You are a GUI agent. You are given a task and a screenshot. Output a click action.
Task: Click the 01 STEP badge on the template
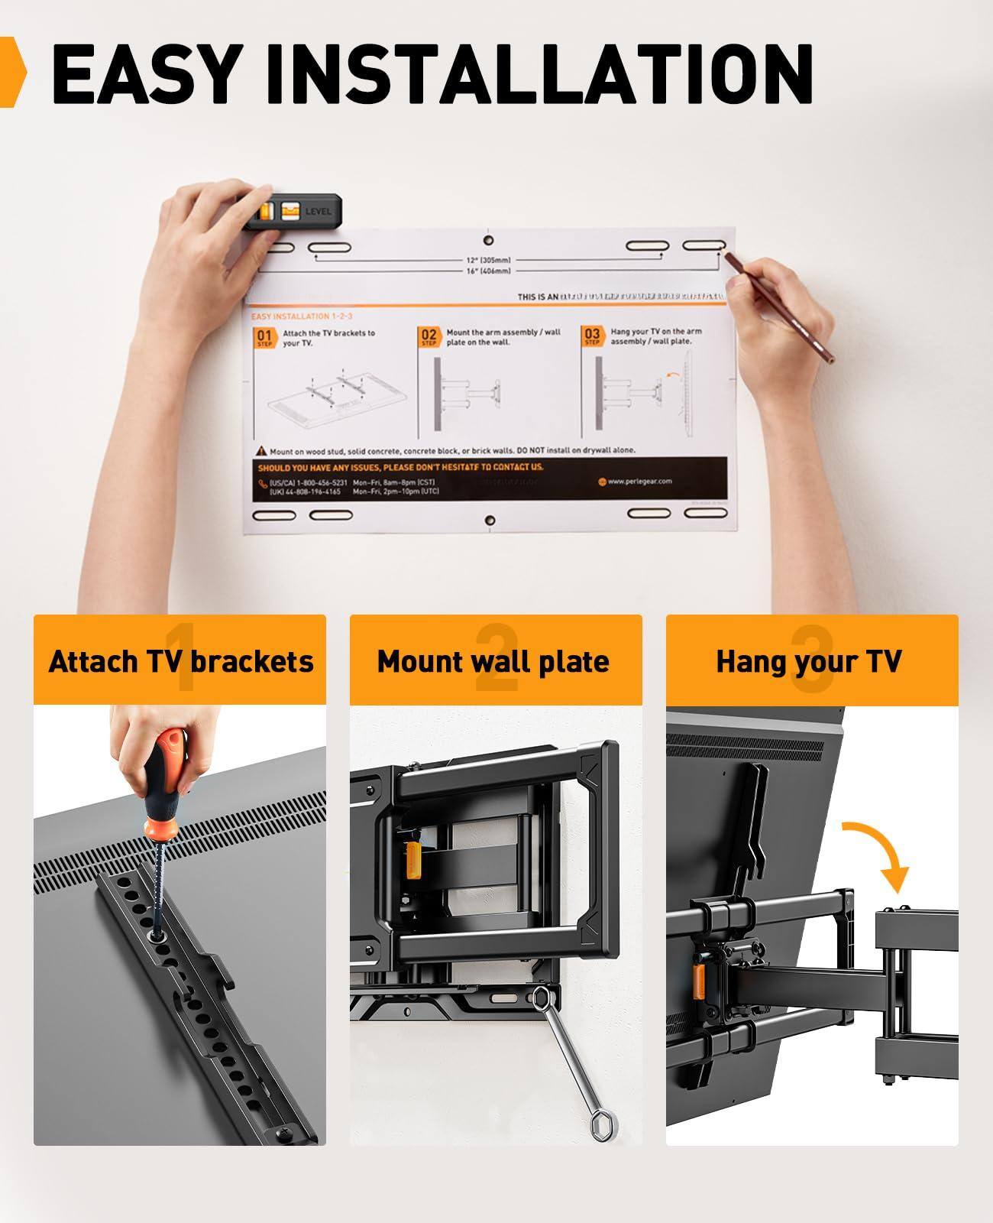(x=264, y=338)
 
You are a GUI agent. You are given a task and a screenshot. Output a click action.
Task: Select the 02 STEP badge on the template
(x=429, y=337)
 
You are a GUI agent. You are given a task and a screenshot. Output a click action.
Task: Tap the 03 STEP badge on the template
(x=592, y=336)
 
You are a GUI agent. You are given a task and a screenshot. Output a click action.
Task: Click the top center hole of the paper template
(x=489, y=232)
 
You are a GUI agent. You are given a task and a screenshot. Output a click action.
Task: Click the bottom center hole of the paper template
(x=490, y=520)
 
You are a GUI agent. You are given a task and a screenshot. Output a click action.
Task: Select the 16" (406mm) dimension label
(x=489, y=271)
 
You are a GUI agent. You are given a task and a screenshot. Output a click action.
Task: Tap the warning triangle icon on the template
(x=262, y=452)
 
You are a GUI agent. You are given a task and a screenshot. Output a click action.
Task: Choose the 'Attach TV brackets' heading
(x=180, y=661)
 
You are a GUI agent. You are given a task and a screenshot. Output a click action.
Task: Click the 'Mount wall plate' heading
(x=493, y=661)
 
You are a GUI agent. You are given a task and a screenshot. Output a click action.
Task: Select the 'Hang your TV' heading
(x=809, y=661)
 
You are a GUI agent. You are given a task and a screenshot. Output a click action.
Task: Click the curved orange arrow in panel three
(x=878, y=848)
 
